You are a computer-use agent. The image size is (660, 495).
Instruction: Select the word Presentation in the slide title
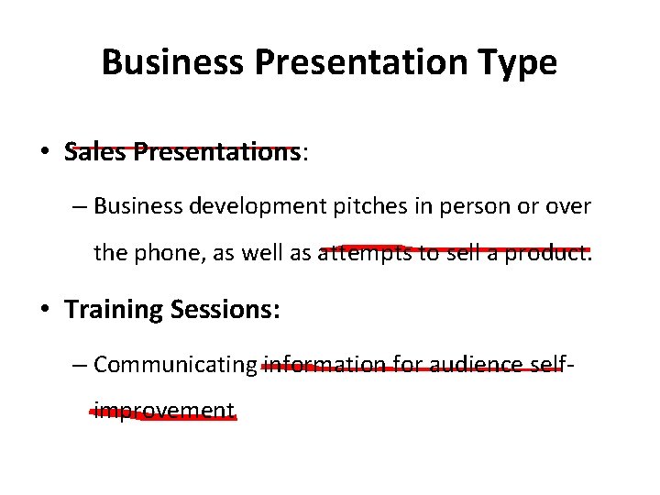[x=353, y=62]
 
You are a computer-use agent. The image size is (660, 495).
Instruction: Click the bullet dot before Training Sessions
[x=45, y=310]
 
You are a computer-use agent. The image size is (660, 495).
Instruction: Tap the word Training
[x=115, y=310]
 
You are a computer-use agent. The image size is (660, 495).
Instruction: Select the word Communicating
[x=176, y=365]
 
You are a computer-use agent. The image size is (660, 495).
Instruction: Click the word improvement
[x=164, y=411]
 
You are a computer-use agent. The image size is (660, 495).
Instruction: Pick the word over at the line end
[x=567, y=207]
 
